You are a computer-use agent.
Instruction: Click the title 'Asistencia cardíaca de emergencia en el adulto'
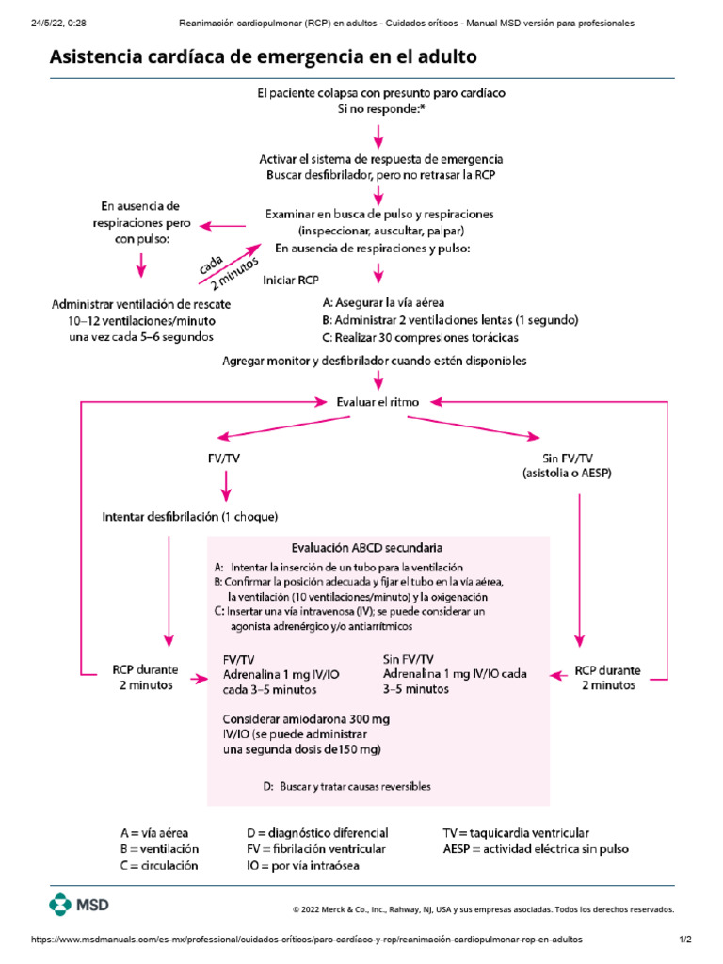point(263,57)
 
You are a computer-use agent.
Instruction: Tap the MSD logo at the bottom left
point(80,906)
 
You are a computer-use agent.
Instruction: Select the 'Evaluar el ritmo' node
point(378,401)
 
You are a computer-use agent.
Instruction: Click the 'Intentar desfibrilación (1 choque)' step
point(190,517)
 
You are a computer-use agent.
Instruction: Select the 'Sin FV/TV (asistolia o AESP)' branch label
point(568,465)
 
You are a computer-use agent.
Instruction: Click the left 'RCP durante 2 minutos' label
point(145,678)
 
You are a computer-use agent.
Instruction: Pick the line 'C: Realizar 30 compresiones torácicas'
point(420,337)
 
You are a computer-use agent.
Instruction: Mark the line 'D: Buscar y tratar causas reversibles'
point(348,787)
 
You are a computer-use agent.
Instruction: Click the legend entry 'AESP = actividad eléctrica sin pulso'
point(536,849)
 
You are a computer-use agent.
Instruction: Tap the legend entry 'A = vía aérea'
point(154,833)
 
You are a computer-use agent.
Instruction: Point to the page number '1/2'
point(685,940)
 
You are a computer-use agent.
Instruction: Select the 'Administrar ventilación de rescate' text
point(141,305)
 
